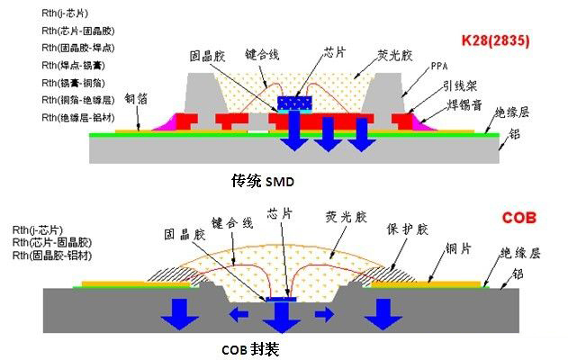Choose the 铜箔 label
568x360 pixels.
pos(135,99)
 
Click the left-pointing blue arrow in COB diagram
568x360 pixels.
pos(239,314)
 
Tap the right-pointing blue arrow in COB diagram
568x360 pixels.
pos(325,313)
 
